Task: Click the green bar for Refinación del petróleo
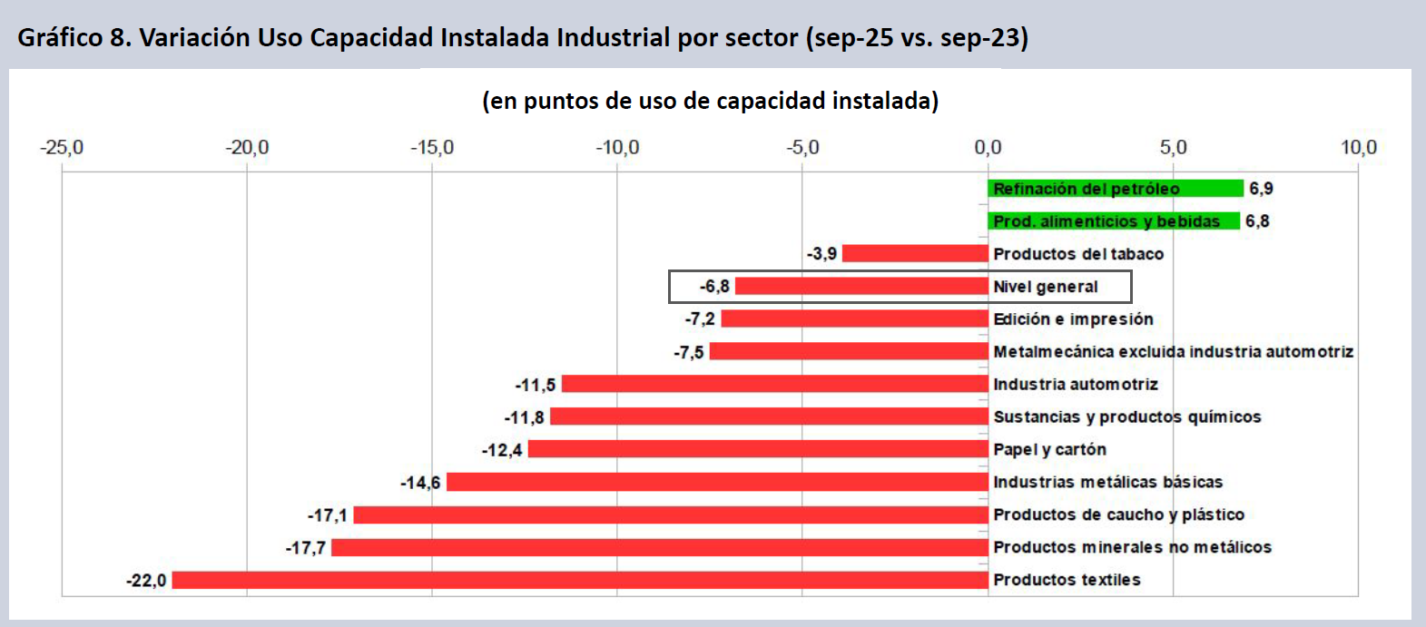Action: tap(1115, 189)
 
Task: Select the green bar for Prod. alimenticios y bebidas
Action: tap(1113, 221)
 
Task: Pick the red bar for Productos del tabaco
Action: tap(914, 254)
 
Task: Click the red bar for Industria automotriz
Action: tap(774, 385)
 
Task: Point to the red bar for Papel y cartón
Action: tap(758, 450)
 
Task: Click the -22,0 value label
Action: tap(146, 581)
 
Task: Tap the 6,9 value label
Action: tap(1261, 189)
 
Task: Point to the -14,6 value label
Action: tap(420, 483)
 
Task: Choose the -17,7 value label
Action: tap(306, 548)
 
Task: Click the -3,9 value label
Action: tap(821, 254)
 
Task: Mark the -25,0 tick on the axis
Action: tap(62, 148)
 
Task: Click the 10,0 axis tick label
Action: tap(1358, 148)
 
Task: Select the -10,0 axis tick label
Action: tap(617, 148)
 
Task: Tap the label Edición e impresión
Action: tap(1073, 319)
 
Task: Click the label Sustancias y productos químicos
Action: tap(1126, 417)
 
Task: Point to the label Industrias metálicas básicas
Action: tap(1107, 483)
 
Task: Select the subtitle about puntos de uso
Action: tap(710, 101)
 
